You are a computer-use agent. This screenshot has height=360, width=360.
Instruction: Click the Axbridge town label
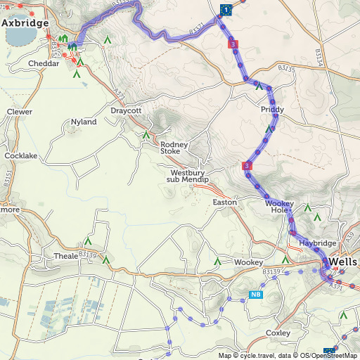point(25,23)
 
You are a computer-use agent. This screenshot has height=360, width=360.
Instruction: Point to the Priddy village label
point(272,110)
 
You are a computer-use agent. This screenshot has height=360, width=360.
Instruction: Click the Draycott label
point(126,110)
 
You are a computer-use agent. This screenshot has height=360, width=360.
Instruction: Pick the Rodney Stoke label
point(174,148)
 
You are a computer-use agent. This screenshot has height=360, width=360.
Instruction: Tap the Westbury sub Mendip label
point(188,176)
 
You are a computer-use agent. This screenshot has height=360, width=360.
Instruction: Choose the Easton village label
point(225,202)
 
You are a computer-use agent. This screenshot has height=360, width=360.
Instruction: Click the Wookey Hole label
point(278,207)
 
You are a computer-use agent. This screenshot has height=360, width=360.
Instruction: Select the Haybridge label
point(318,243)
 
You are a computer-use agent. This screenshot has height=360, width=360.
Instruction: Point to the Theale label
point(66,256)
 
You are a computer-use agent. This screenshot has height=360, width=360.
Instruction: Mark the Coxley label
point(278,333)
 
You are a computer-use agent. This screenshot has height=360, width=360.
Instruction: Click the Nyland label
point(84,122)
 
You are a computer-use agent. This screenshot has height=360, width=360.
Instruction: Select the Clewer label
point(19,112)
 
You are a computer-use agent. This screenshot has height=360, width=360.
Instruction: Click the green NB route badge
point(256,294)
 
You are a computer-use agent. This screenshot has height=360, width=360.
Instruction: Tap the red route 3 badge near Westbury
point(247,165)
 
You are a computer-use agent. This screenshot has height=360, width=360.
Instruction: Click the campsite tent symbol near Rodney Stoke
point(146,134)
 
